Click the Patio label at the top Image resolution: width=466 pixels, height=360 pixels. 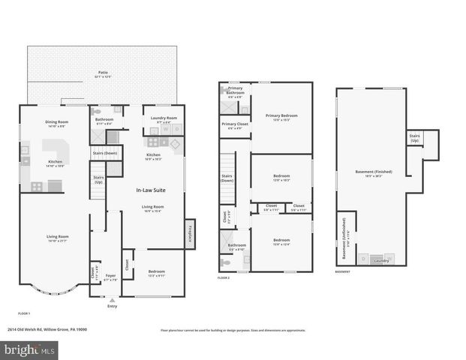(103, 73)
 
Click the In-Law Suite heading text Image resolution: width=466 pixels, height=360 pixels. (150, 190)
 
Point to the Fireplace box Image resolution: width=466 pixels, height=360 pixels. (190, 235)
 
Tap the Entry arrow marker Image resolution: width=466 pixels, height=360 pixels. (112, 300)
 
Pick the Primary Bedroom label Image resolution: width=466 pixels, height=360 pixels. (281, 115)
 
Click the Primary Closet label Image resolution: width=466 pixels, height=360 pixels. (235, 124)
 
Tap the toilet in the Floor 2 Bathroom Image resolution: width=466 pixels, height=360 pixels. (226, 263)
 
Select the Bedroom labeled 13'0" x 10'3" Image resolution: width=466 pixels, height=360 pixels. (281, 177)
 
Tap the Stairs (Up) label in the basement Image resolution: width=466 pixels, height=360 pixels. (414, 138)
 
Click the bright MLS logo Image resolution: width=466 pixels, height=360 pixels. (29, 349)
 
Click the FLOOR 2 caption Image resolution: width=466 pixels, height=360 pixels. (224, 278)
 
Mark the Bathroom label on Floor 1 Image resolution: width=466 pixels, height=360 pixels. (104, 119)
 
